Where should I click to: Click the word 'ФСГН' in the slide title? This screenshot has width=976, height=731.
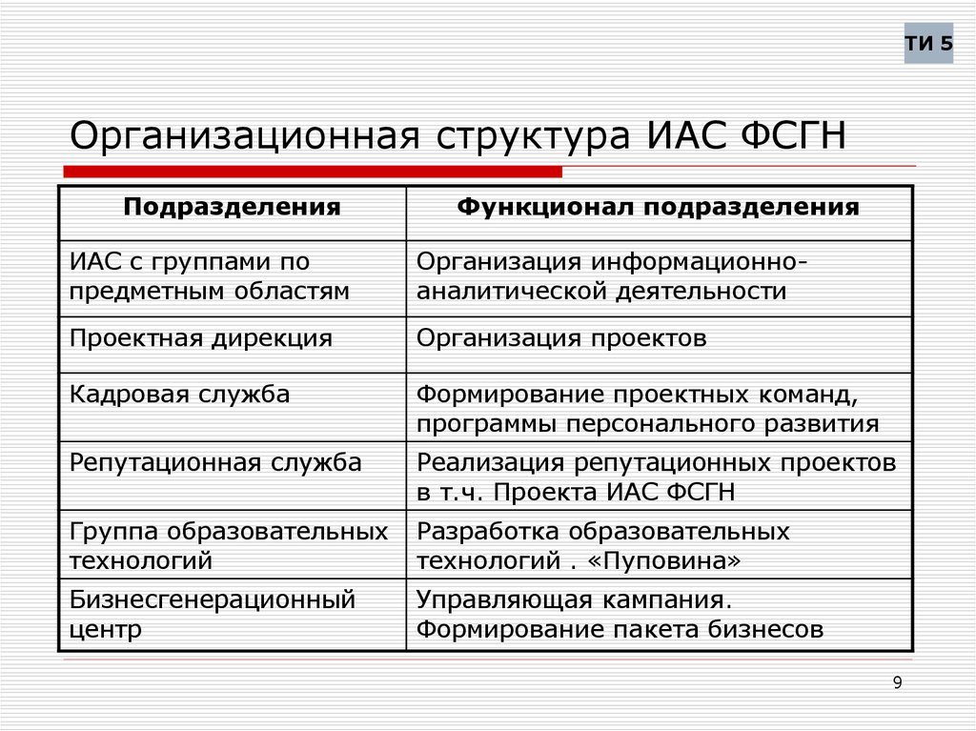(x=786, y=134)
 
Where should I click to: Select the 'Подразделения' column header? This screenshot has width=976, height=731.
(x=232, y=207)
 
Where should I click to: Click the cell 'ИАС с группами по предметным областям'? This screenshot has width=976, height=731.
(x=210, y=276)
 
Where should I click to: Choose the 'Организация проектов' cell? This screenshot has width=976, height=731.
(x=561, y=338)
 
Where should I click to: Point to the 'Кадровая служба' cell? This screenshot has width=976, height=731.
(x=180, y=394)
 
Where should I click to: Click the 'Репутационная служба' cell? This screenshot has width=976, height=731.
(x=215, y=463)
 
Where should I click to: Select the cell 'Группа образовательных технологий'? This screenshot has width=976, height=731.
(x=229, y=545)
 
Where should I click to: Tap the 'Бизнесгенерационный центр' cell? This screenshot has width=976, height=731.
(x=213, y=614)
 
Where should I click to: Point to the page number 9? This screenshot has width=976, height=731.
(x=897, y=681)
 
